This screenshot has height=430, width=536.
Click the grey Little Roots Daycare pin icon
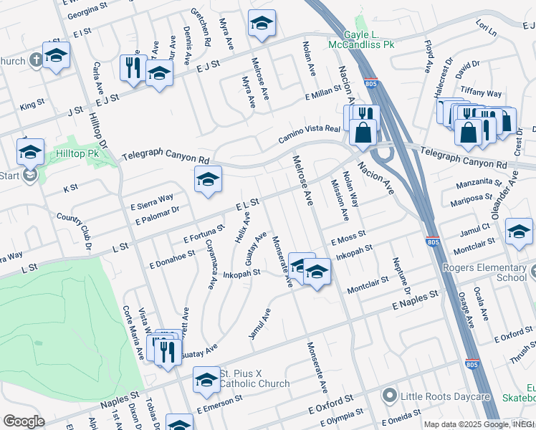tap(389, 396)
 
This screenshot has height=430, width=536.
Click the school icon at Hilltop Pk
tap(30, 152)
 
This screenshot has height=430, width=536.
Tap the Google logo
tap(24, 421)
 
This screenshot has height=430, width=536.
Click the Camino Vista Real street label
tap(312, 133)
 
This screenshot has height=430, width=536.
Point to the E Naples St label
tap(415, 300)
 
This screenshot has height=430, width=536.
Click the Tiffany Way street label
tap(482, 93)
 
